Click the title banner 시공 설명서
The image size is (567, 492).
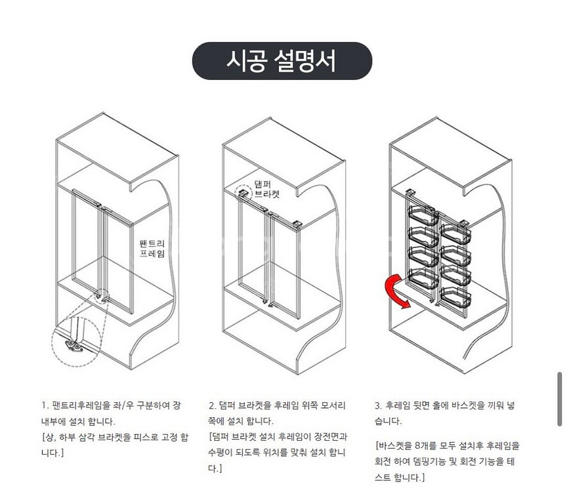(x=282, y=61)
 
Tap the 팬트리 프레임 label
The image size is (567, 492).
(x=152, y=249)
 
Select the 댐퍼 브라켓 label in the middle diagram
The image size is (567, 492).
(x=267, y=190)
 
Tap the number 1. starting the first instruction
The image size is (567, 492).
(x=45, y=405)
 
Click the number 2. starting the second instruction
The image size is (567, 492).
(x=212, y=405)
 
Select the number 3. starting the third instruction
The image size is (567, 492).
(x=378, y=405)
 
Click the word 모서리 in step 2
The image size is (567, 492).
(x=333, y=405)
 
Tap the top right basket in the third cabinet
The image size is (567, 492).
(x=455, y=232)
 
